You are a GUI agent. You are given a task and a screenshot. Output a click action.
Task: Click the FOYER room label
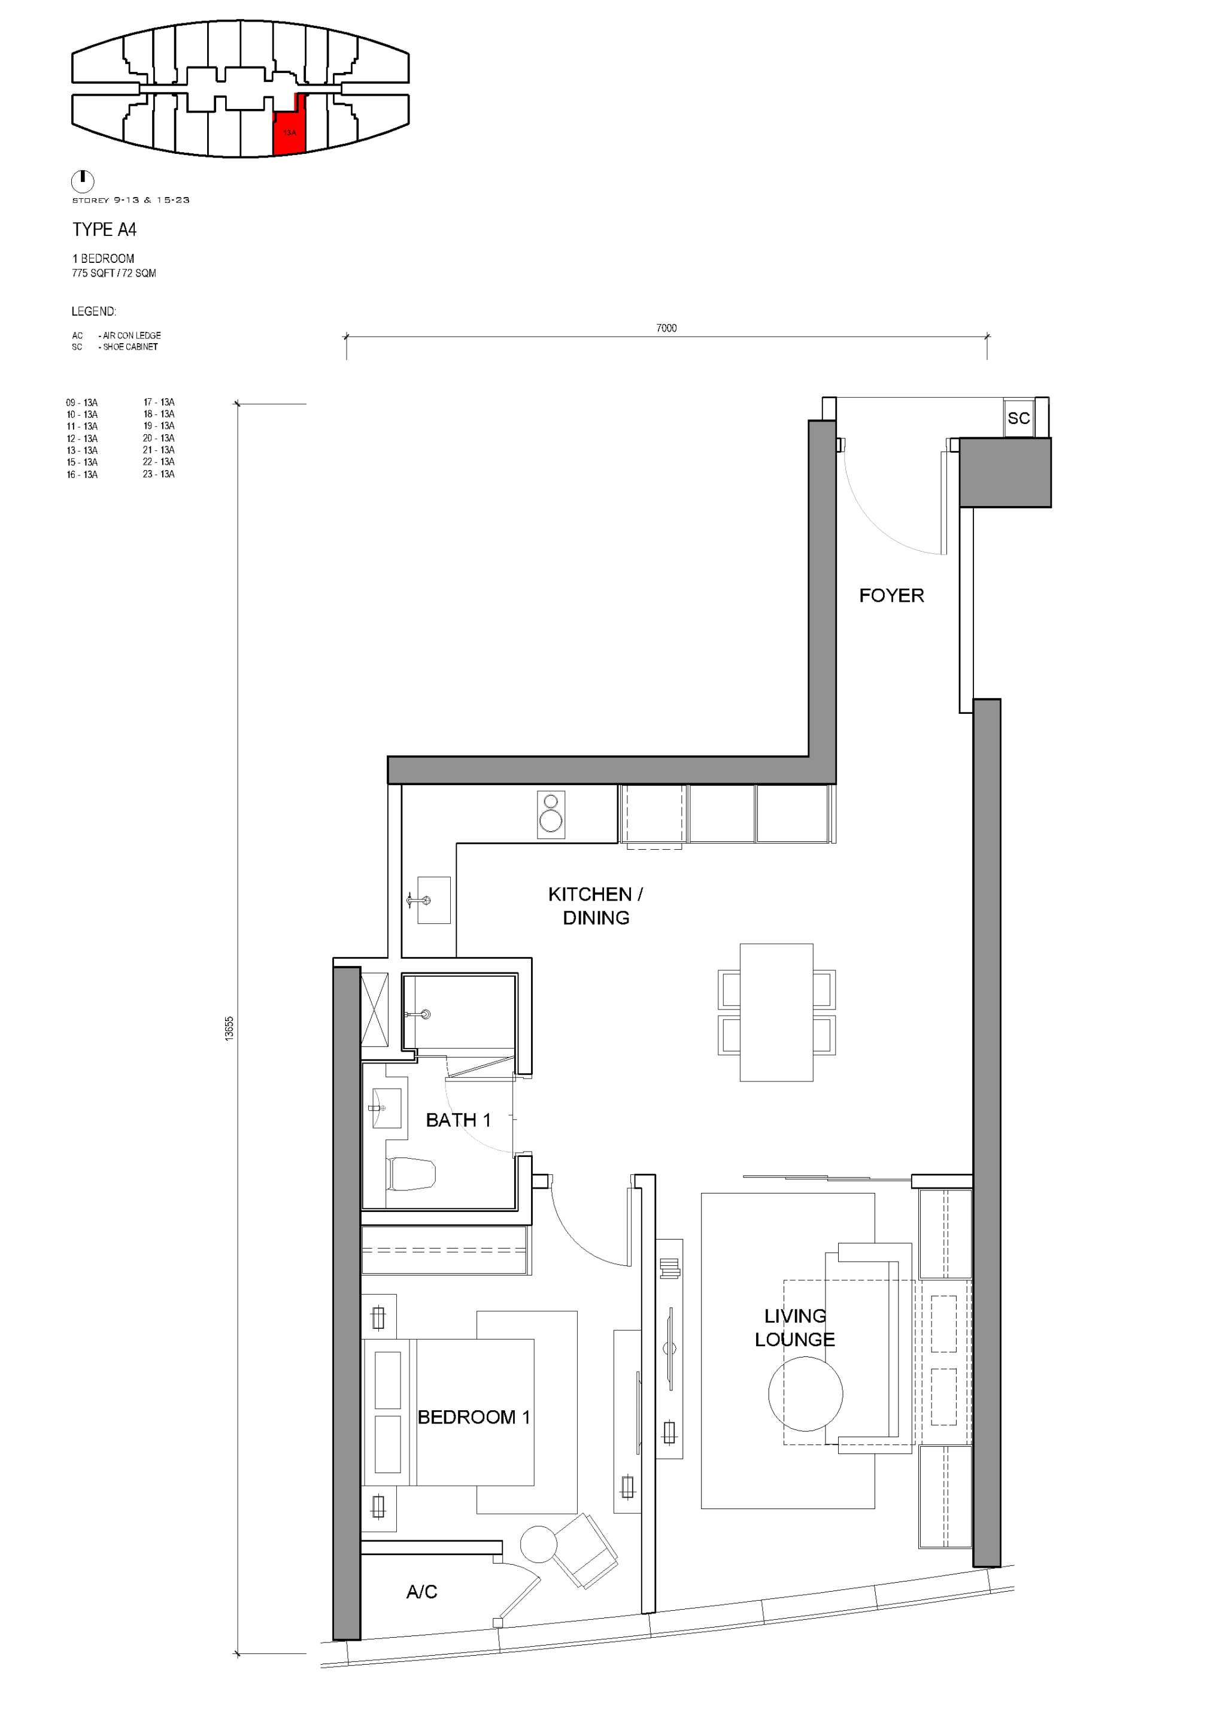pos(891,595)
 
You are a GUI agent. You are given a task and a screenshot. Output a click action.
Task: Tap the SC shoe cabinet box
pos(1018,417)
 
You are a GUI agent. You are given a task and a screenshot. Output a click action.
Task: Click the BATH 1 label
pos(458,1120)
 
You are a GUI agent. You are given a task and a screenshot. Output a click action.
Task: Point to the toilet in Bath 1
pos(411,1174)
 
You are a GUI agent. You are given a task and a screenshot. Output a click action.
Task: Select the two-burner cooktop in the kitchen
pos(551,814)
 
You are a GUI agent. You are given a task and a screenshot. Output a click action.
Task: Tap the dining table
pos(776,1013)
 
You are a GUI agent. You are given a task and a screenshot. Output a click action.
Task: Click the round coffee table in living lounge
pos(805,1394)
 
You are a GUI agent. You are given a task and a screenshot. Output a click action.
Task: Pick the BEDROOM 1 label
pos(474,1417)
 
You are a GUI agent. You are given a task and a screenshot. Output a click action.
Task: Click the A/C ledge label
pos(422,1592)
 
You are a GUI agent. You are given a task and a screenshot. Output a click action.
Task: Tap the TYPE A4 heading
pos(104,229)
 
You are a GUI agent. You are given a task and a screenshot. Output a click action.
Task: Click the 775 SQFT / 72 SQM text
pos(114,273)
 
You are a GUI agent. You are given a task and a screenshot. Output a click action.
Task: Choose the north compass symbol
pos(83,181)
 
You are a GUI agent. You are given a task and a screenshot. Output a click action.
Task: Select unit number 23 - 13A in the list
pos(159,474)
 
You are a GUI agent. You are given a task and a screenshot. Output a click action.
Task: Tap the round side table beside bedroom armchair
pos(538,1544)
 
